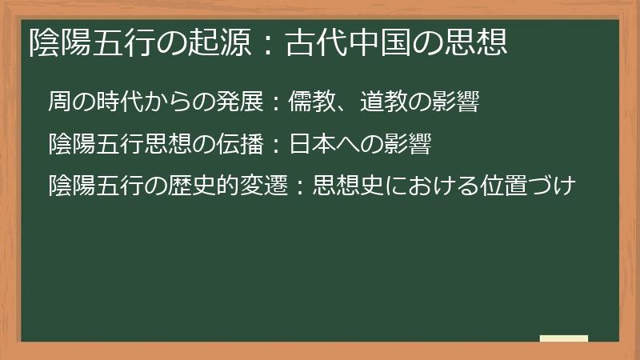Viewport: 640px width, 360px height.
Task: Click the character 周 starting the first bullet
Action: (x=58, y=102)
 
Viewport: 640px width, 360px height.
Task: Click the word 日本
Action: (x=306, y=145)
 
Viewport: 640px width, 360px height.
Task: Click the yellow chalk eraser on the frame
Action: (x=563, y=339)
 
